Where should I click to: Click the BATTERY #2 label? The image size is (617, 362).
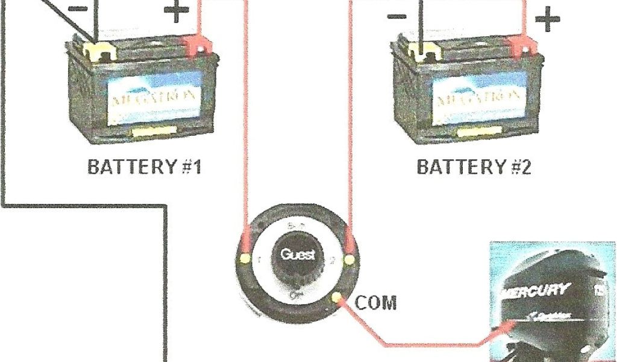click(475, 167)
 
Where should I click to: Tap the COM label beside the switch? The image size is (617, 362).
click(376, 302)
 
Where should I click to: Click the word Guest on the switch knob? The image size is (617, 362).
click(297, 255)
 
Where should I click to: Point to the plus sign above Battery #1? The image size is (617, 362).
click(176, 12)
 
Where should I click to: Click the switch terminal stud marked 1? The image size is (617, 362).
click(245, 259)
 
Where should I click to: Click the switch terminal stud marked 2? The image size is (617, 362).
click(348, 260)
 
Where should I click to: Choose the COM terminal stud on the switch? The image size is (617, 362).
click(336, 297)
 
